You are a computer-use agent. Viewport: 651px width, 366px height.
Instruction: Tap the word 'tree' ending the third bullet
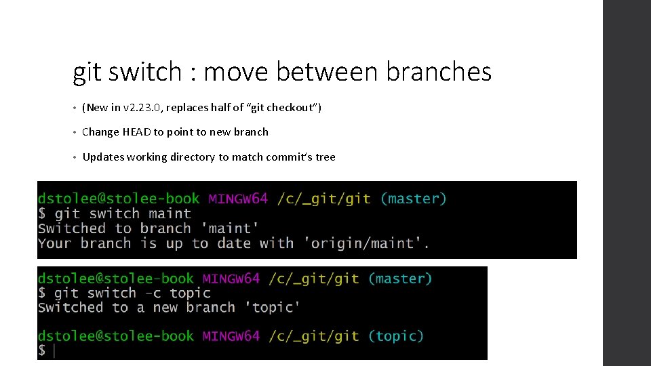[325, 157]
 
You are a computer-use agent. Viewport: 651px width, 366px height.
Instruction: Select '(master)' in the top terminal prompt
[413, 199]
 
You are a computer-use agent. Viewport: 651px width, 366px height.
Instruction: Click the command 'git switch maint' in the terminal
[123, 213]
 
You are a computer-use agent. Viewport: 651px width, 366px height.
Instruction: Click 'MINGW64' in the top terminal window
[238, 199]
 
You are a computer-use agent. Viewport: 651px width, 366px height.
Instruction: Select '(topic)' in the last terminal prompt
[395, 335]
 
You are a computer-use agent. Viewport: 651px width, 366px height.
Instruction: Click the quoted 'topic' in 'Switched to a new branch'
[275, 307]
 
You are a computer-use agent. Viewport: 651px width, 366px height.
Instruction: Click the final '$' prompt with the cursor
[42, 350]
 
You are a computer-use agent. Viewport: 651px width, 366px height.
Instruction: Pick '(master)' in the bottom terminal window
[399, 278]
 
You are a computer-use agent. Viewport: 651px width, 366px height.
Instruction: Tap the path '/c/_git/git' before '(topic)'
[313, 335]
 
